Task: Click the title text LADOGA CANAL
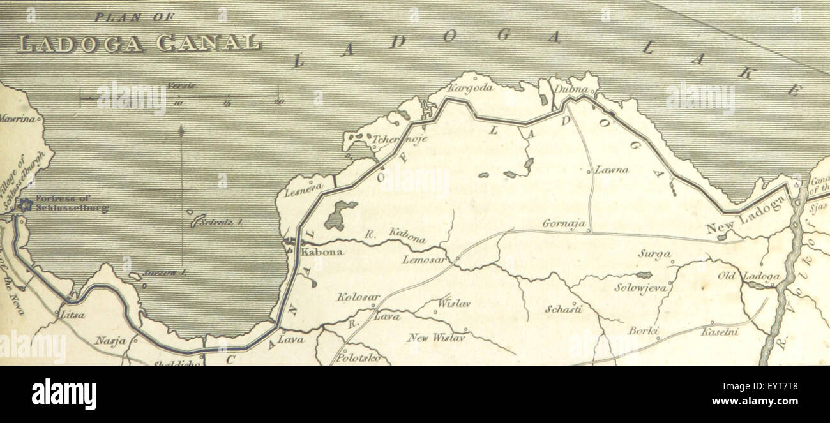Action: click(139, 43)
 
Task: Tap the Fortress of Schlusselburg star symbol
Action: click(24, 204)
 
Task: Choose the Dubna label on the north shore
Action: click(570, 89)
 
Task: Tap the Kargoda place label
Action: click(471, 88)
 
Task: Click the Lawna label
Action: click(612, 170)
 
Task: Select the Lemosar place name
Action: click(424, 260)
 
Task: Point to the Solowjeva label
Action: click(640, 288)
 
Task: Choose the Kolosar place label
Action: click(358, 297)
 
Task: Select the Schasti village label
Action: click(563, 309)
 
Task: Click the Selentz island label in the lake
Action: click(221, 222)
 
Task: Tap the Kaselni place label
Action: click(720, 332)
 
